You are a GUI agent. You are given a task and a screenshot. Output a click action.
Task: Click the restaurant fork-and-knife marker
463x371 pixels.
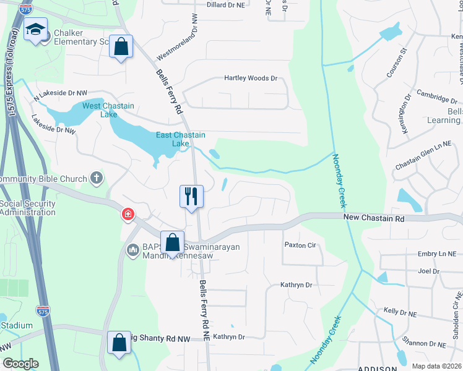pyautogui.click(x=191, y=196)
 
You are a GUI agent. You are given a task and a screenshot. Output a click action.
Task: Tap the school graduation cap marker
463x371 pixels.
pyautogui.click(x=35, y=28)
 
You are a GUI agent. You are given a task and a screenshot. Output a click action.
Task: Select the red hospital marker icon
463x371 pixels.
pyautogui.click(x=128, y=215)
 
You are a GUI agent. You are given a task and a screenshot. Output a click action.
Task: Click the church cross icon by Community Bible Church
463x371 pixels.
pyautogui.click(x=96, y=179)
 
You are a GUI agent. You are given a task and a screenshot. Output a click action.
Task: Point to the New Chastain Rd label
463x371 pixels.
pyautogui.click(x=373, y=218)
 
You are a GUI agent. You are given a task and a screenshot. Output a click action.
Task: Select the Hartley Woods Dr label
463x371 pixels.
pyautogui.click(x=250, y=79)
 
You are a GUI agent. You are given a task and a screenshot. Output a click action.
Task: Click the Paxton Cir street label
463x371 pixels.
pyautogui.click(x=300, y=245)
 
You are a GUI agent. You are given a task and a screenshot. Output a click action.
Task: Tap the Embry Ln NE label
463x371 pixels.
pyautogui.click(x=436, y=254)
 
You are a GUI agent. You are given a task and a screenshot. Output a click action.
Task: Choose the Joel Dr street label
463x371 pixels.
pyautogui.click(x=428, y=271)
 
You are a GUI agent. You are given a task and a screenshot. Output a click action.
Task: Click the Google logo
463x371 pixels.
pyautogui.click(x=20, y=364)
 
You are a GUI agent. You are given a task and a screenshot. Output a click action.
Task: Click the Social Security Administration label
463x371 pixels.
pyautogui.click(x=27, y=208)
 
